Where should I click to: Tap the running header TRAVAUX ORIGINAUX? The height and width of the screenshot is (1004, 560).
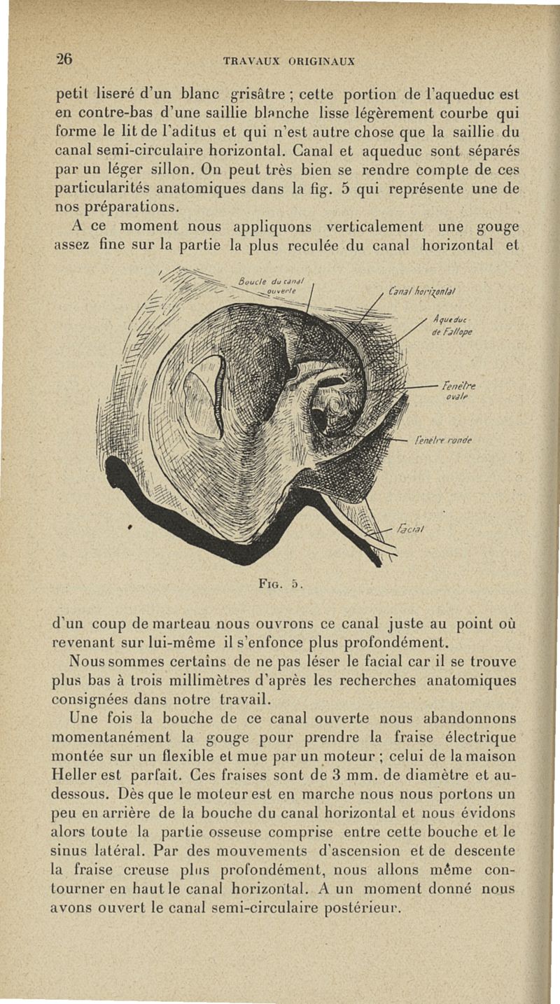pyautogui.click(x=289, y=61)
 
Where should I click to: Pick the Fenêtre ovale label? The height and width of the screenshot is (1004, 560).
pyautogui.click(x=459, y=389)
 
